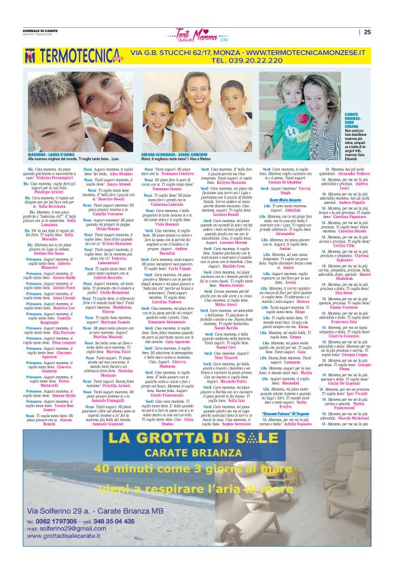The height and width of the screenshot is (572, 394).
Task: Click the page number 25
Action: tap(367, 31)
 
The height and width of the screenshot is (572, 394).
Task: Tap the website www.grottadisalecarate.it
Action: tap(71, 556)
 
